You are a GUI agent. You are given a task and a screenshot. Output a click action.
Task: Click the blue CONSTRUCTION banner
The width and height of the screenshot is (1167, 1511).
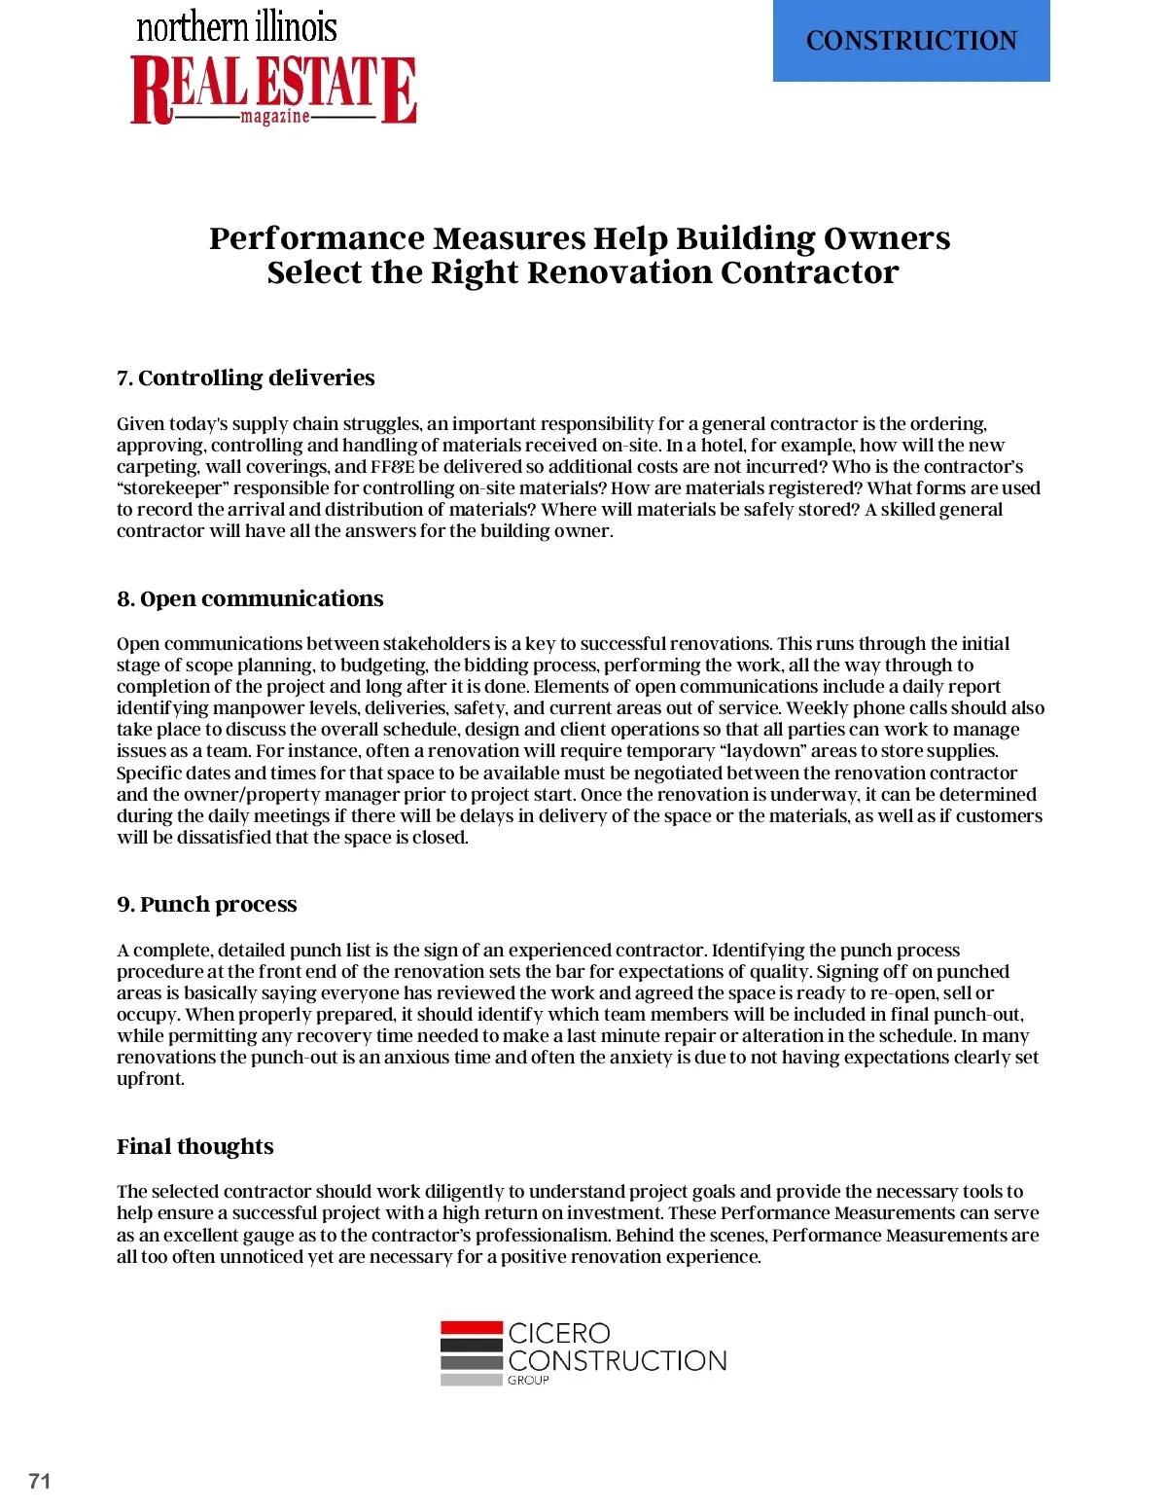tap(911, 41)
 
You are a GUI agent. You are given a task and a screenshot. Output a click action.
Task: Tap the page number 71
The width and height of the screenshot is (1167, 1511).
tap(40, 1481)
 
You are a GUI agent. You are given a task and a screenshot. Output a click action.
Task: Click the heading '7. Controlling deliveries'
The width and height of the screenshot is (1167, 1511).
tap(245, 378)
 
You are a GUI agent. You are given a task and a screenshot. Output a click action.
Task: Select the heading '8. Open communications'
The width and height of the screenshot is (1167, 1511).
tap(250, 598)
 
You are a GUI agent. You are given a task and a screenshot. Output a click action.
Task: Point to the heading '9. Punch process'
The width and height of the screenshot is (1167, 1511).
tap(206, 904)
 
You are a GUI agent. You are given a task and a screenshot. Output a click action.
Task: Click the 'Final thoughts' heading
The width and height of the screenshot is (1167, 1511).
tap(194, 1146)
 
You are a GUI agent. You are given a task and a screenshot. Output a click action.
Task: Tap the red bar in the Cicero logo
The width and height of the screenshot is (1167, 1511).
tap(471, 1327)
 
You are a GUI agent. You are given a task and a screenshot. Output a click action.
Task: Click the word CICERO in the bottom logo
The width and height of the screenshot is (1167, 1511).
tap(559, 1333)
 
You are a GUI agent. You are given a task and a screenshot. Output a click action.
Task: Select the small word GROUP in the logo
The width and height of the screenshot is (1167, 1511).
tap(528, 1380)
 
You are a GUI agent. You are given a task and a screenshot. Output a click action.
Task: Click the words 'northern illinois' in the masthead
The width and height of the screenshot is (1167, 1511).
tap(236, 27)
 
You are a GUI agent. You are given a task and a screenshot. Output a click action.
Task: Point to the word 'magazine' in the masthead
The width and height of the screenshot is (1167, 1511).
tap(275, 117)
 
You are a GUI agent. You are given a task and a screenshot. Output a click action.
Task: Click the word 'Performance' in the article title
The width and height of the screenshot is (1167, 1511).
tap(317, 238)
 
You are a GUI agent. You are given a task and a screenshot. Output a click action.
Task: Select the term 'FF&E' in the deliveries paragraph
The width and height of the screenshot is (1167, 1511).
tap(392, 466)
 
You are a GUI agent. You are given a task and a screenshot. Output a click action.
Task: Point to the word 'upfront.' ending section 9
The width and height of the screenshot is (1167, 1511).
tap(151, 1078)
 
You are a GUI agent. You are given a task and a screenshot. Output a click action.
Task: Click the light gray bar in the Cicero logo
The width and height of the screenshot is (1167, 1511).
tap(471, 1380)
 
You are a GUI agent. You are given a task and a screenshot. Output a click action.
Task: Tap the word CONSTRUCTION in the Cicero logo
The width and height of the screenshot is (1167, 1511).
tap(618, 1360)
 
